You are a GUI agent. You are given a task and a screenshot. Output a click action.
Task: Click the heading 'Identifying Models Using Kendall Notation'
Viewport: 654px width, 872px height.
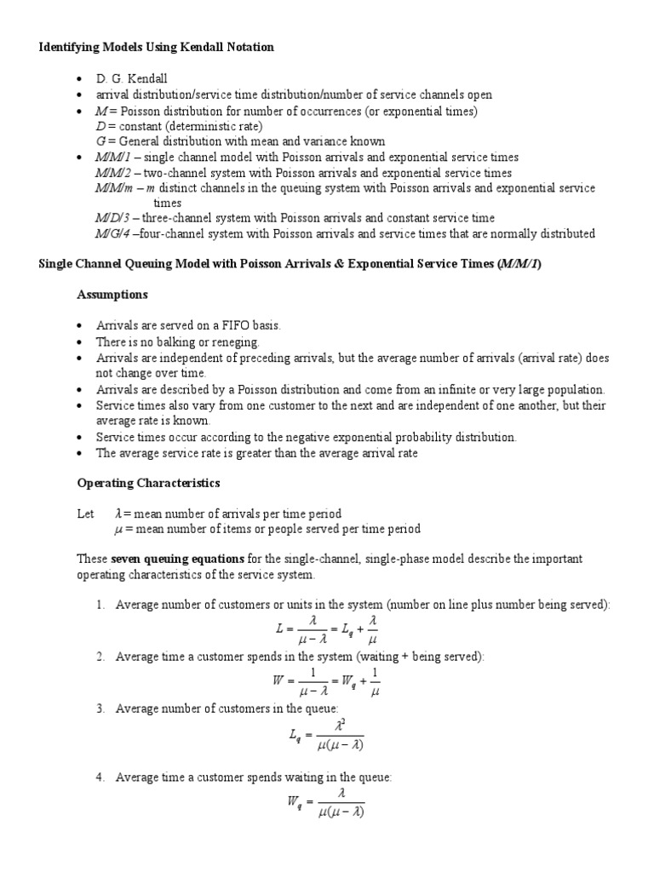point(157,48)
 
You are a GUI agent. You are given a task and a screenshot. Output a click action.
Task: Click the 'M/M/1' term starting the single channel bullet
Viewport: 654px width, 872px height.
point(111,158)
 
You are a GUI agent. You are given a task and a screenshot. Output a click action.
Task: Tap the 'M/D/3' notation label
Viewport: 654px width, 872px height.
point(111,219)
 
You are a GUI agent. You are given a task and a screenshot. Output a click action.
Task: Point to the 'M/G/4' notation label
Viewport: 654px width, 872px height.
point(111,234)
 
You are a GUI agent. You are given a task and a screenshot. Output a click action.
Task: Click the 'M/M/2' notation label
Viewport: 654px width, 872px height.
point(111,173)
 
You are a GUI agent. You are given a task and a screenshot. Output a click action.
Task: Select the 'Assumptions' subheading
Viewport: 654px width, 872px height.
point(112,295)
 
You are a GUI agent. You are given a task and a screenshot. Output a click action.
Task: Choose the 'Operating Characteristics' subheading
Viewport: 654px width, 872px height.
point(149,483)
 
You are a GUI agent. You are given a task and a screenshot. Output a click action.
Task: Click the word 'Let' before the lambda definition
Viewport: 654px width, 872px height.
point(86,514)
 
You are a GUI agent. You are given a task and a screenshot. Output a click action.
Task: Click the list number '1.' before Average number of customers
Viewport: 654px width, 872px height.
point(100,605)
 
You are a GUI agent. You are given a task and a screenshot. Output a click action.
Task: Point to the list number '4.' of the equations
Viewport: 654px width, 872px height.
point(100,777)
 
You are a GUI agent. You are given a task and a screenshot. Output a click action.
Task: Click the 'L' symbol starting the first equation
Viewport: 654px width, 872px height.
point(278,630)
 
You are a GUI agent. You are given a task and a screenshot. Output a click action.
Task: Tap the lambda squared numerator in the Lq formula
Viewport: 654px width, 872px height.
point(341,726)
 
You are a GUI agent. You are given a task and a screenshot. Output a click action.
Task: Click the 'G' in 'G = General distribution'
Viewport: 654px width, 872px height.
point(100,142)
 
